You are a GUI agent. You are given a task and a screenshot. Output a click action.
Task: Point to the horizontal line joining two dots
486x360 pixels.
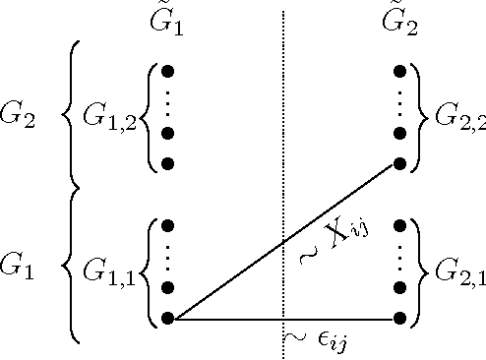[x=226, y=319]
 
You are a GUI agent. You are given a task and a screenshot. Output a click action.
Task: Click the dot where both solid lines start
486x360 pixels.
[x=166, y=319]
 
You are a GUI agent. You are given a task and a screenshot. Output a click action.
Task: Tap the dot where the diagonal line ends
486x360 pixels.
[x=399, y=163]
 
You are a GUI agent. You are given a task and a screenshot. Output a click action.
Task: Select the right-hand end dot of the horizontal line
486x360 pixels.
[x=399, y=319]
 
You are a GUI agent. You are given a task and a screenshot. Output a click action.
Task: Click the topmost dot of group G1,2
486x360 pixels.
[x=166, y=71]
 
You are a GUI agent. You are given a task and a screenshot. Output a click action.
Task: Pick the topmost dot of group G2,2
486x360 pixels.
[x=399, y=71]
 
